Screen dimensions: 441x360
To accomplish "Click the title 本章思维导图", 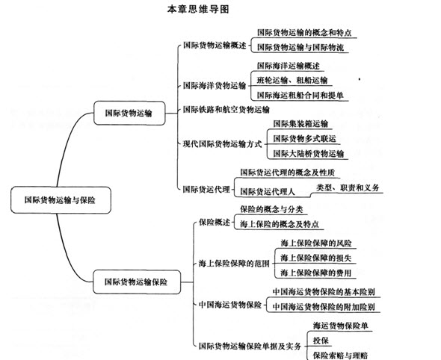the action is [198, 9].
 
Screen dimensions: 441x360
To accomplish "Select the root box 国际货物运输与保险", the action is [61, 200].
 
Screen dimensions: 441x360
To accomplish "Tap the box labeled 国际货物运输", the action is [129, 113].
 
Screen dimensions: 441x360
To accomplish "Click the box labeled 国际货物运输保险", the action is [136, 282].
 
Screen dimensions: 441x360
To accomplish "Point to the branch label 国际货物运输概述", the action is [215, 46].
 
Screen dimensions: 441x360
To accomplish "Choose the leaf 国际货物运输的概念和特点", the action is [304, 33].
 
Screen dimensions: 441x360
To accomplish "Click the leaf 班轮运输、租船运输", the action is [292, 81].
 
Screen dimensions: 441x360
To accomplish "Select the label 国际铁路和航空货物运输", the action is [226, 109].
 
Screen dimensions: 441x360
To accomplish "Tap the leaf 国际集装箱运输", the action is [300, 124].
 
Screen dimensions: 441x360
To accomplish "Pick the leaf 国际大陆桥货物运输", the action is [309, 153].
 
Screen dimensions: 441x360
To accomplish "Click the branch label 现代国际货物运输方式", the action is [223, 144].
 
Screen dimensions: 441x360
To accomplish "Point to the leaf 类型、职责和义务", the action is [348, 187].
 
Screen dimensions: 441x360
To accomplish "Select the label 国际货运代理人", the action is [268, 192].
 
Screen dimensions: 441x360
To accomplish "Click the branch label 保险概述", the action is [215, 223].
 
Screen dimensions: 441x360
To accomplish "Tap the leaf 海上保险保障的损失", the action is [316, 258].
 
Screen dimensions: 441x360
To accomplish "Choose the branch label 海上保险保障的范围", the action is [234, 264].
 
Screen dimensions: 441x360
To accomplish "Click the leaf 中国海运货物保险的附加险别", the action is [324, 307].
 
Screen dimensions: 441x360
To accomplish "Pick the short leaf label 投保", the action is [321, 341].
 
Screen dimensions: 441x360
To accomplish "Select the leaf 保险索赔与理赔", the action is [340, 356].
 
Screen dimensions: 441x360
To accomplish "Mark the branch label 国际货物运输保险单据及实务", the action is [250, 346].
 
